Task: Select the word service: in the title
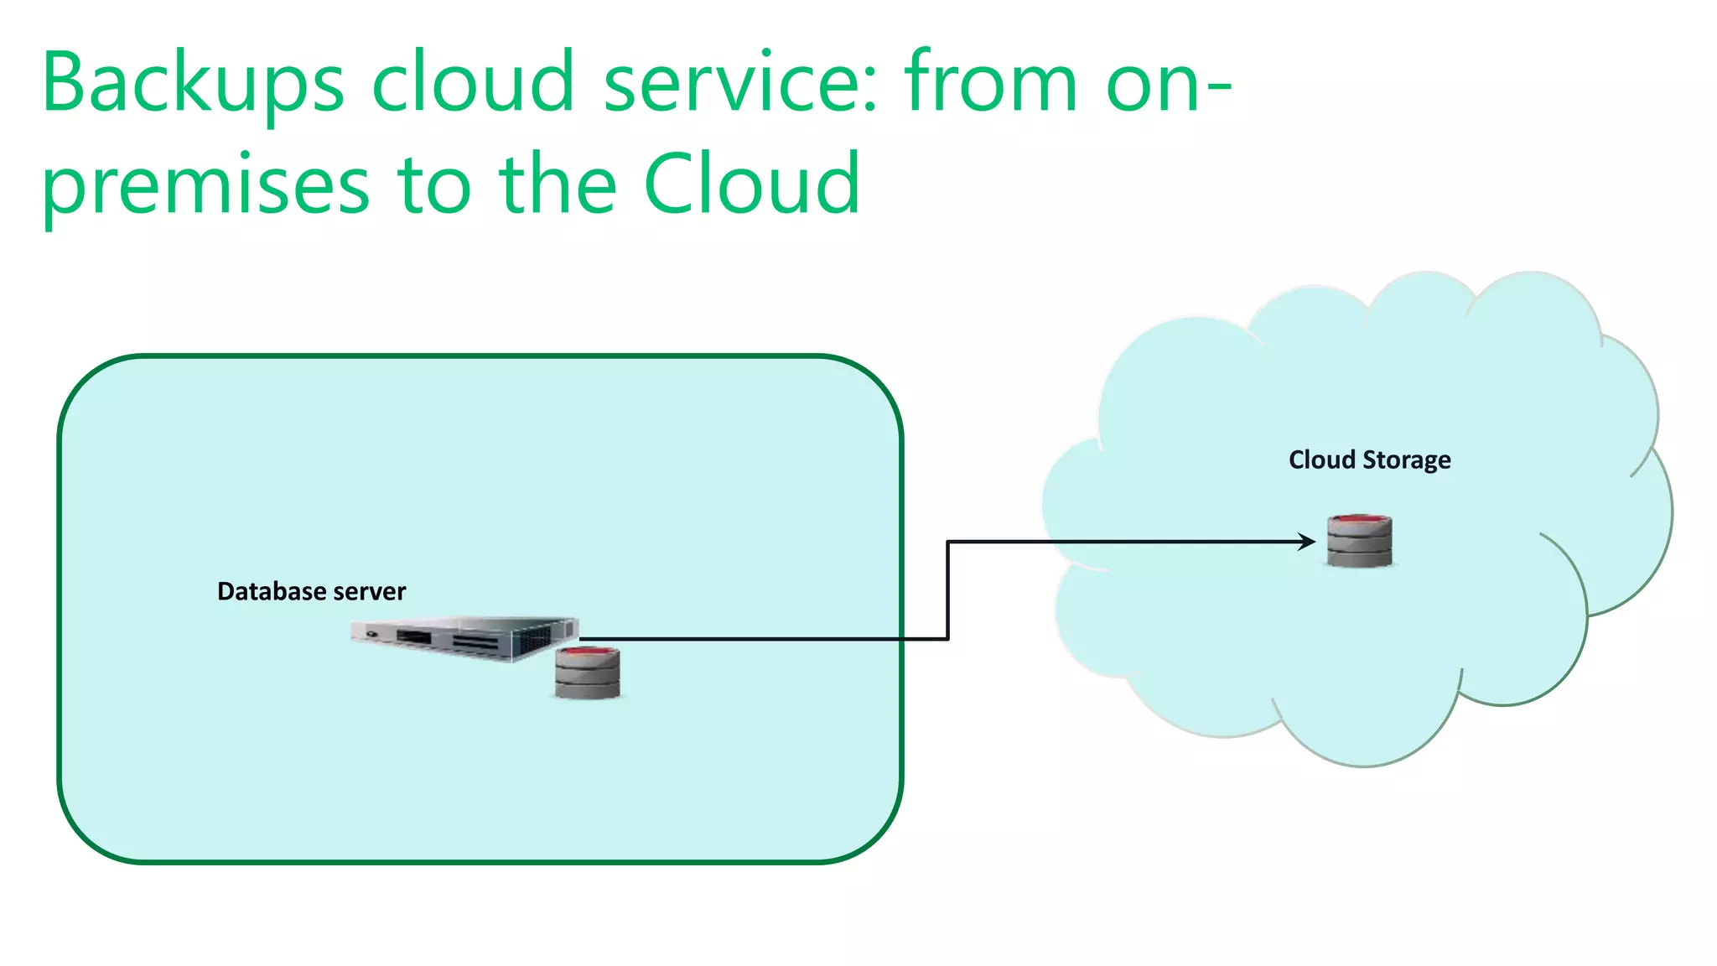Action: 740,82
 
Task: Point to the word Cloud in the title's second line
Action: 752,184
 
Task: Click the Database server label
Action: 311,592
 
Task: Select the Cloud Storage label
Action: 1369,460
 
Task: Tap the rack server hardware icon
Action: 464,639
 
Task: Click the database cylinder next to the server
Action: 588,673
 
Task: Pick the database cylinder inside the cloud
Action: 1359,542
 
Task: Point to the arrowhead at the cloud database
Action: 1307,542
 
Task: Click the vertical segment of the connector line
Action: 947,590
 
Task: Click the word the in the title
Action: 558,184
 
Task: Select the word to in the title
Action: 434,185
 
